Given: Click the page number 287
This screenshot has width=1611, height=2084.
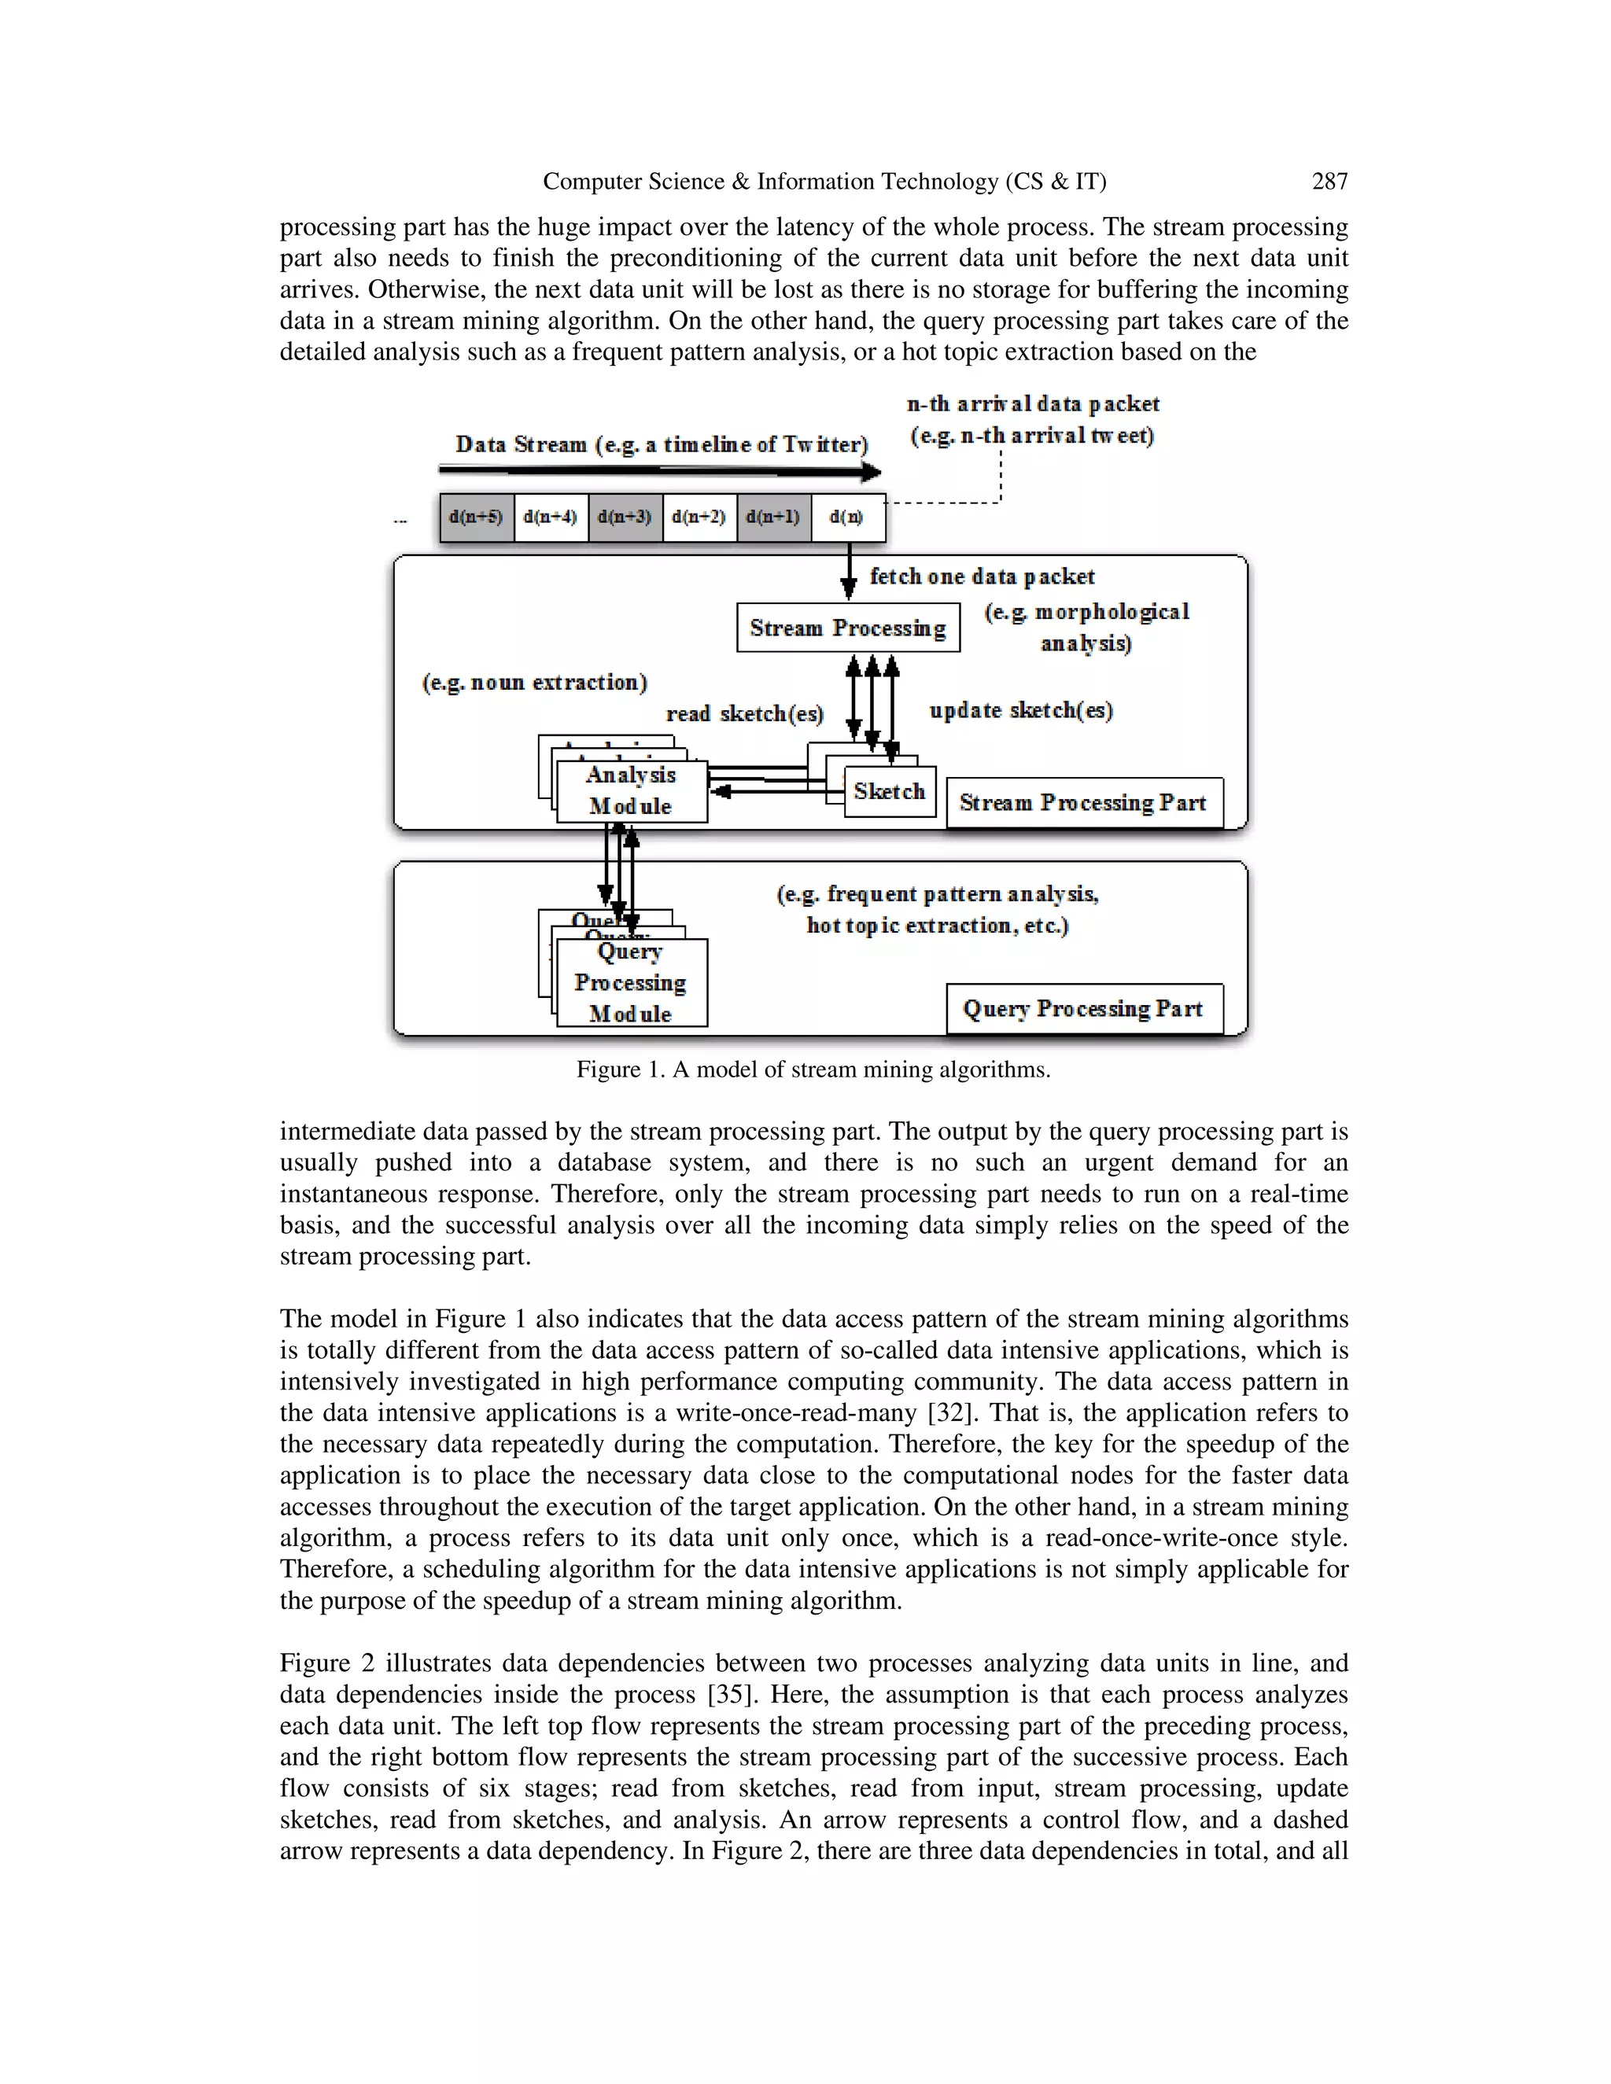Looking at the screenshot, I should (x=1329, y=182).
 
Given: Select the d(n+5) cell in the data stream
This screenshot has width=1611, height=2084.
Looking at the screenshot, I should (x=476, y=517).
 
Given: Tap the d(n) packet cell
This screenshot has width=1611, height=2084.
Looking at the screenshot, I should (x=847, y=517).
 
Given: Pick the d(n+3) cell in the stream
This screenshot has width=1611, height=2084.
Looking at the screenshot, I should (x=625, y=517).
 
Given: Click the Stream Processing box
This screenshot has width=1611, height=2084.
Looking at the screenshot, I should (x=847, y=628).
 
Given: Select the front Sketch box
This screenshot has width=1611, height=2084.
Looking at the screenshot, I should (x=890, y=791).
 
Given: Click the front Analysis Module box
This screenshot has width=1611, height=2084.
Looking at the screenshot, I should (x=632, y=791).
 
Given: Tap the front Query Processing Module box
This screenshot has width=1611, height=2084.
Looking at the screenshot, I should (x=632, y=983).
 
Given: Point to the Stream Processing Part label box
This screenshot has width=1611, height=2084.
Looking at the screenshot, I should (x=1083, y=802).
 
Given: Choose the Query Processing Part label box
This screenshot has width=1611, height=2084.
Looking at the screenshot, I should (x=1083, y=1009).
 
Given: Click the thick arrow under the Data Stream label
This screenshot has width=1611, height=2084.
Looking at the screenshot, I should (x=658, y=470).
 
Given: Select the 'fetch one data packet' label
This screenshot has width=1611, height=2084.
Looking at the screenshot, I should (x=982, y=576).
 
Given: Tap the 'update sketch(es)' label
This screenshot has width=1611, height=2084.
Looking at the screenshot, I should (x=1020, y=710).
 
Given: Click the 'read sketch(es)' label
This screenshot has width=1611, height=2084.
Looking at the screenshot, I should (x=744, y=714).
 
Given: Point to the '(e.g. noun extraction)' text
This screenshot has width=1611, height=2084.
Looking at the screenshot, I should (x=534, y=683).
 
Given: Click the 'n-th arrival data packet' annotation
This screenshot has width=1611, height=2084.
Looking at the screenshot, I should (x=1033, y=403).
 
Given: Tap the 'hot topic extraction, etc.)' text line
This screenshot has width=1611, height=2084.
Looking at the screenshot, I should (x=937, y=926).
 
